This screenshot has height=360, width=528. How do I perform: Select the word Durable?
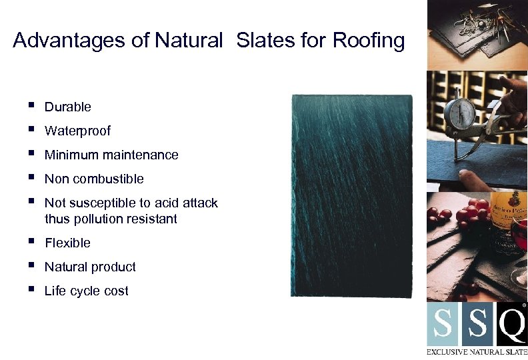(x=67, y=107)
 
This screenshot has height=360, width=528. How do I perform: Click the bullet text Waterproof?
(x=77, y=131)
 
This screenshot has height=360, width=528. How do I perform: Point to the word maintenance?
(x=143, y=155)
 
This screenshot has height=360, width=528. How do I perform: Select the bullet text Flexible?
(x=67, y=243)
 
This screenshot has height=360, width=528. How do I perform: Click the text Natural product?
(x=90, y=267)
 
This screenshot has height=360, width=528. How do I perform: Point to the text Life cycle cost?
(x=86, y=291)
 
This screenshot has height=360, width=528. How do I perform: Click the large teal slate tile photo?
(x=351, y=195)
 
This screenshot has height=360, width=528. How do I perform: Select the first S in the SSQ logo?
(x=443, y=325)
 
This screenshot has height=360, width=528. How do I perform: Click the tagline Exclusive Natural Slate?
(x=477, y=351)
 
